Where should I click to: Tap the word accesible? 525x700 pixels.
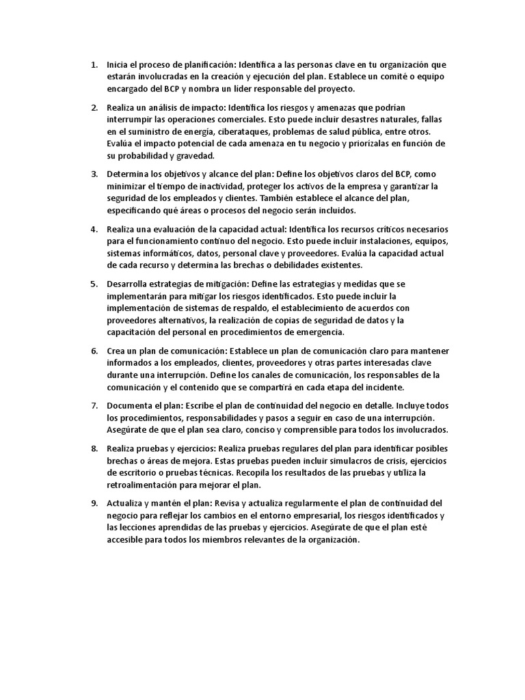tap(126, 539)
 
